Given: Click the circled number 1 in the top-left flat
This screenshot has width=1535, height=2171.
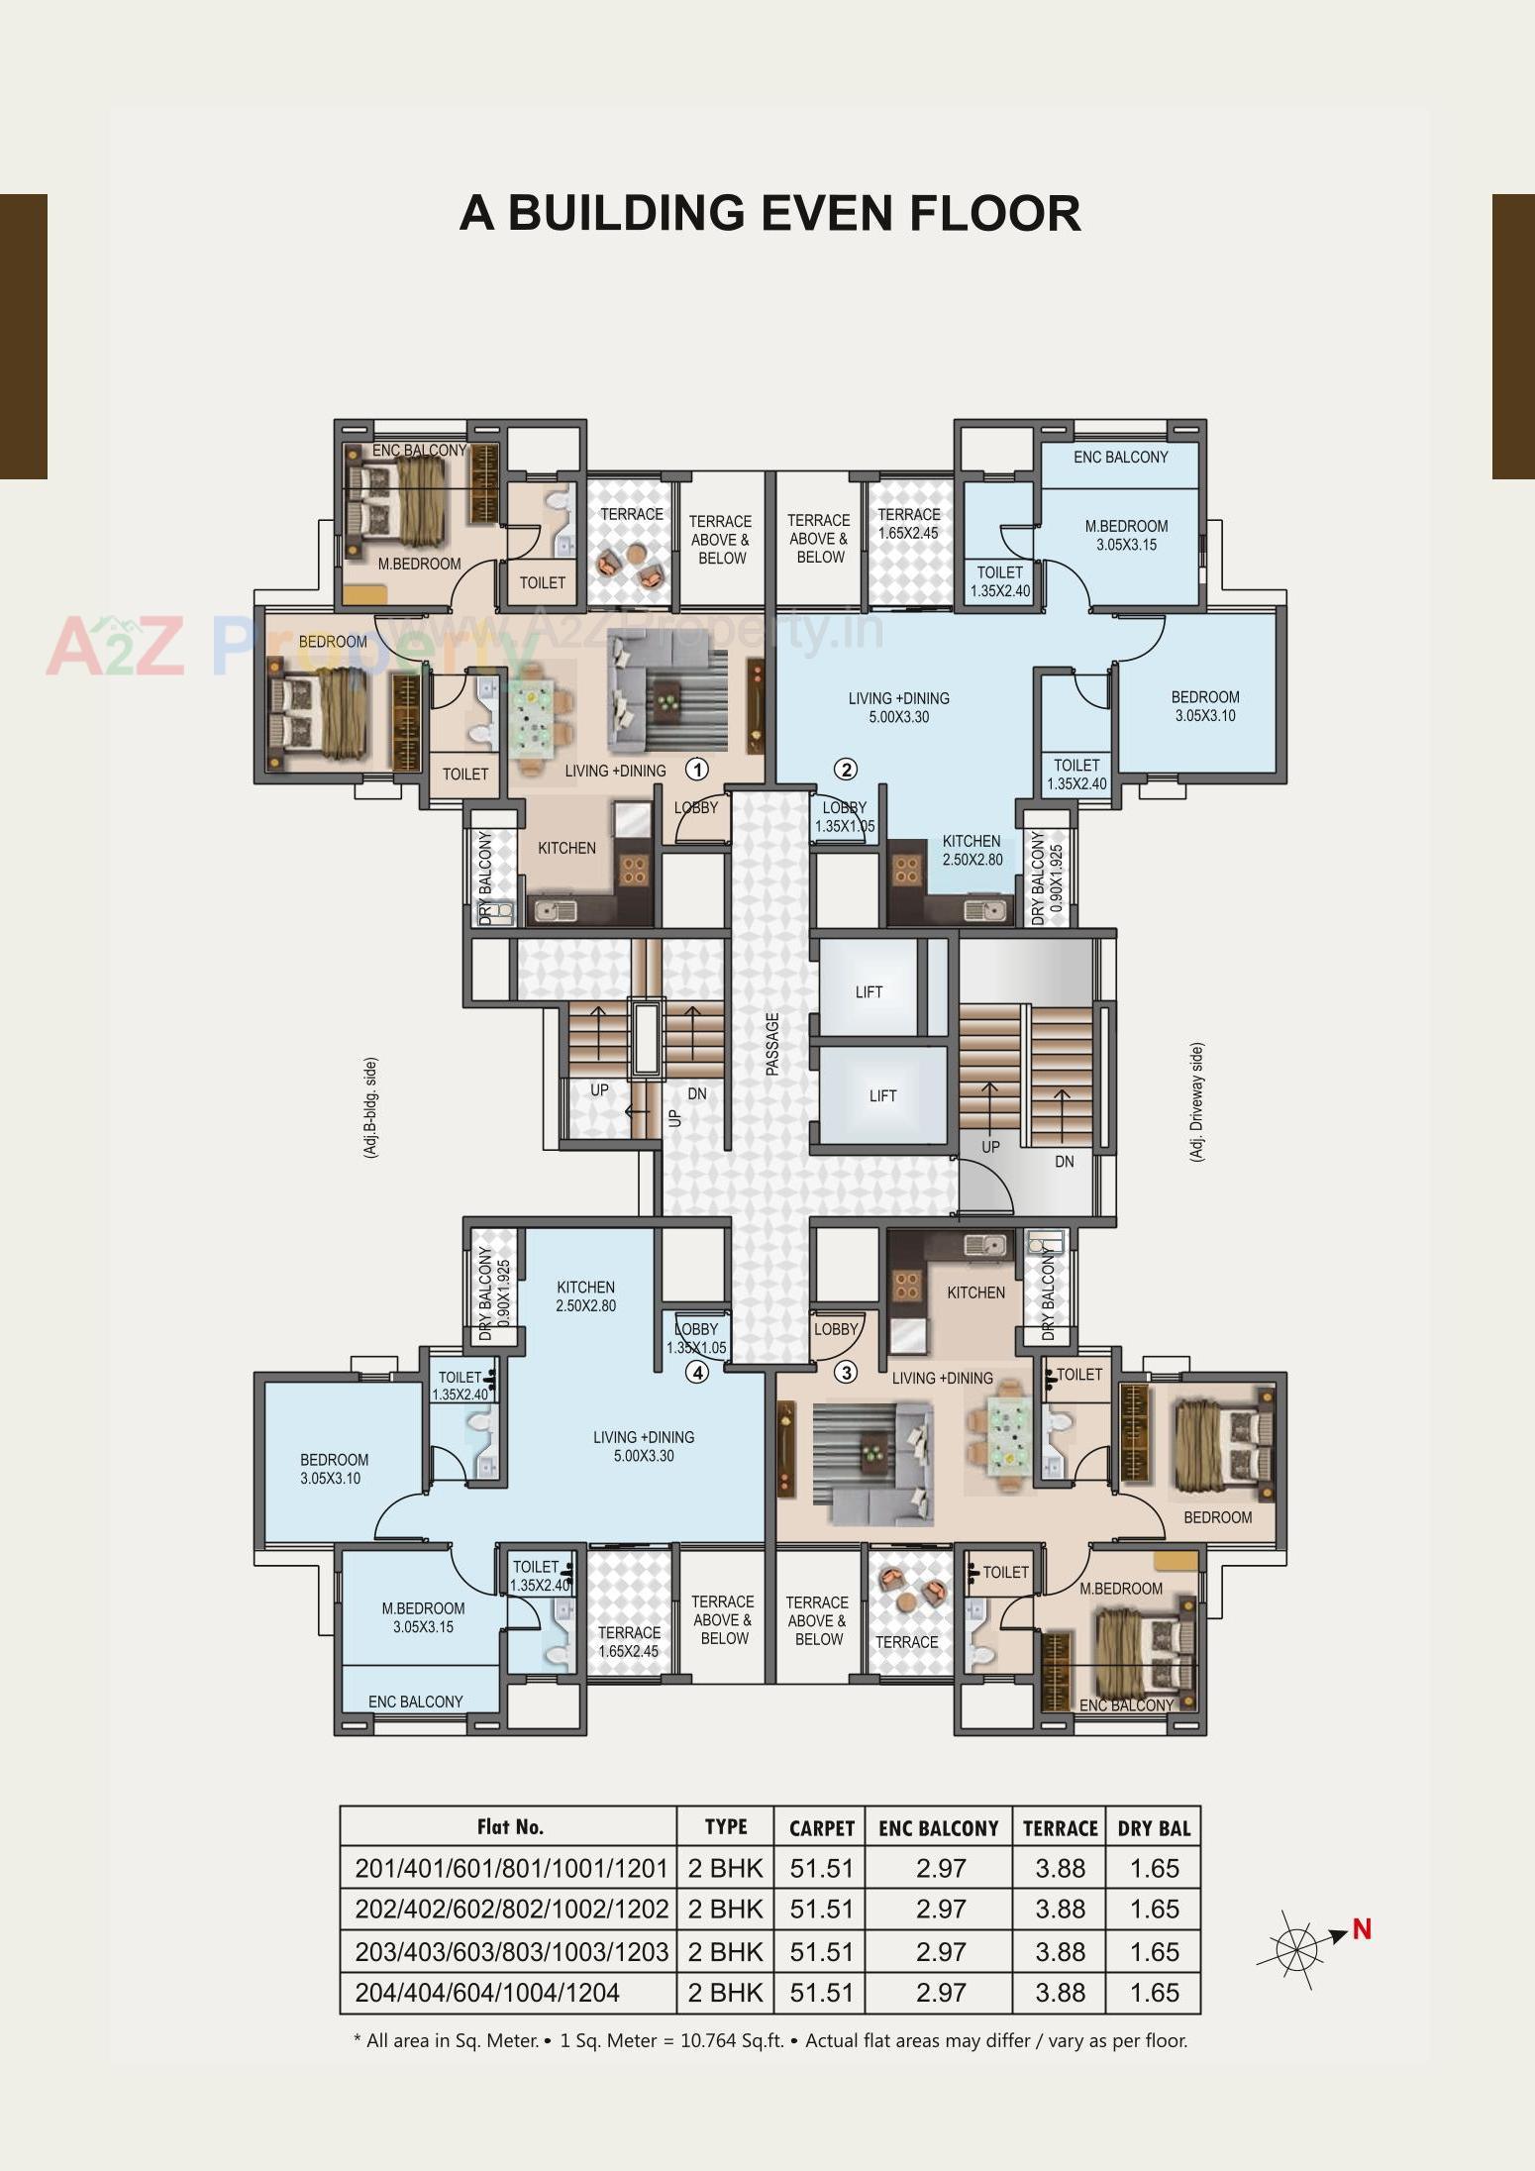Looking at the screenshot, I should coord(697,770).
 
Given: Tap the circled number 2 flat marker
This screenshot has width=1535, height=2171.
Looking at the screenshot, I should coord(845,769).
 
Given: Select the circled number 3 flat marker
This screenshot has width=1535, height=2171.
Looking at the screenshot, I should coord(845,1373).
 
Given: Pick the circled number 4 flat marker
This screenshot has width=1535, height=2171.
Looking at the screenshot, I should coord(697,1373).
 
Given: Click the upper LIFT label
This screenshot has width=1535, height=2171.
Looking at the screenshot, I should coord(869,992).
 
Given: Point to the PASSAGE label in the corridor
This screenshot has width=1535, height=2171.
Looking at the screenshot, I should coord(772,1044).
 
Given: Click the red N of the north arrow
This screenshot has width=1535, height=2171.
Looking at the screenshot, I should coord(1362,1929).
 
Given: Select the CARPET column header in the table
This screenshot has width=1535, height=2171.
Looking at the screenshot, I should coord(821,1828).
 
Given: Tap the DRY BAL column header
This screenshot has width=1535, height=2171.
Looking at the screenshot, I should coord(1154,1828).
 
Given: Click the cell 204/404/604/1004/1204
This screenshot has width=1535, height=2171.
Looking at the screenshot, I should coord(487,1992).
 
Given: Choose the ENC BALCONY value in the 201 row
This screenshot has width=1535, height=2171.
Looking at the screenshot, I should coord(940,1869).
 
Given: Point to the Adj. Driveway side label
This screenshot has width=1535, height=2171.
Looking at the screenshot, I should coord(1196,1101).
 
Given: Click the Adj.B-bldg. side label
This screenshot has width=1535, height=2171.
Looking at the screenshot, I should coord(370,1107).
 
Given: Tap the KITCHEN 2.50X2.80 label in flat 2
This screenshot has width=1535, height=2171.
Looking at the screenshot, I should coord(972,851).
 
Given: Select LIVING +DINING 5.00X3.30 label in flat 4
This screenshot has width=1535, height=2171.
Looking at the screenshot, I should coord(644,1446).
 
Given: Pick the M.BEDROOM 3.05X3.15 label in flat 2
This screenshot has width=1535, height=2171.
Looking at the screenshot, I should coord(1126,535).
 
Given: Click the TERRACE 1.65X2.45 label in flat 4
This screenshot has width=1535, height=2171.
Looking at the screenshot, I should coord(629,1641).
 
